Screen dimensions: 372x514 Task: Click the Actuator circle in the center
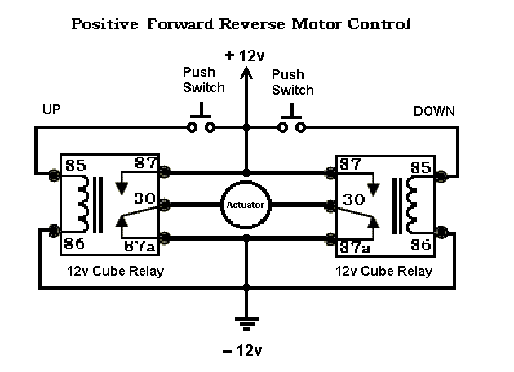click(x=246, y=205)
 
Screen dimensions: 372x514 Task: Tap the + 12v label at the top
click(x=246, y=56)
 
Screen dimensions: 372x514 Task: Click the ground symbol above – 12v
click(x=246, y=320)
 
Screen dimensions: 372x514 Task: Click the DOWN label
click(x=435, y=110)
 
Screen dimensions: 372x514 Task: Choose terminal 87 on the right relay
click(x=351, y=164)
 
